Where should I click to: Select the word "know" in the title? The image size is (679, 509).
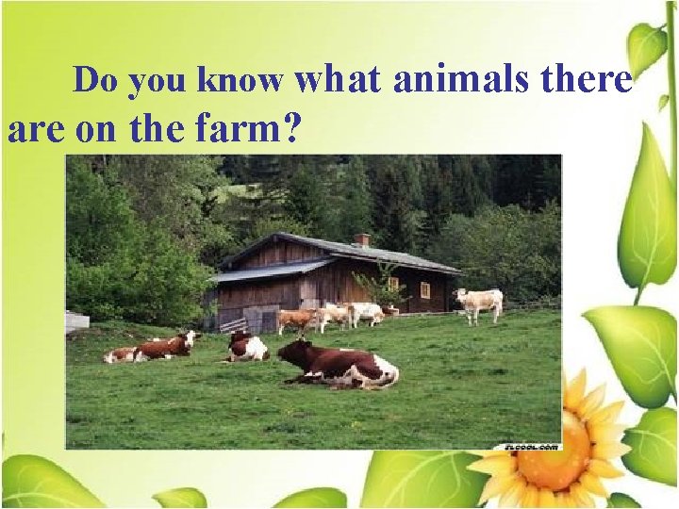coord(240,81)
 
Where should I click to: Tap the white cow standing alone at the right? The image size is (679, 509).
coord(479,303)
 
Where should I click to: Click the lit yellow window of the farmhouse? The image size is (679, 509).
coord(425,289)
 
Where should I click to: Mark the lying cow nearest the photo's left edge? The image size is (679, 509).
coord(121,354)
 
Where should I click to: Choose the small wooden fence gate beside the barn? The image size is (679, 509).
coord(233,324)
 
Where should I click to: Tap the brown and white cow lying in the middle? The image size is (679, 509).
coord(247,347)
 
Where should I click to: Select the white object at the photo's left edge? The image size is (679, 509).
coord(76,320)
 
